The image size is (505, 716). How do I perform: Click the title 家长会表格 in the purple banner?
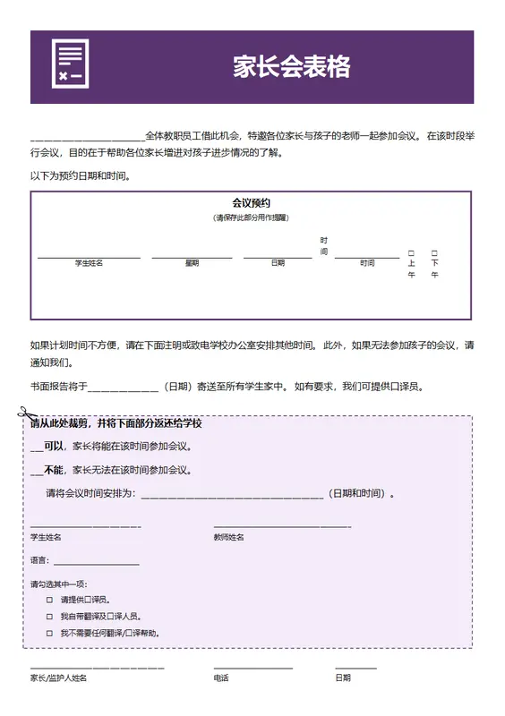point(291,67)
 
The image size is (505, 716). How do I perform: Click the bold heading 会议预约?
point(251,203)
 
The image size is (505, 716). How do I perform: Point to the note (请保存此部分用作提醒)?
point(251,217)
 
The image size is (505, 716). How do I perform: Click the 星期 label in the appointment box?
point(192,263)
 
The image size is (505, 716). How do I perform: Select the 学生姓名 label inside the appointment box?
point(89,263)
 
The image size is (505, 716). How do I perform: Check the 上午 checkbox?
point(411,253)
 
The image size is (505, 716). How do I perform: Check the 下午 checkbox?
point(434,253)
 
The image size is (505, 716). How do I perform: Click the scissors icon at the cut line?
point(23,413)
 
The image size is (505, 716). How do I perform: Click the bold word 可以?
point(54,446)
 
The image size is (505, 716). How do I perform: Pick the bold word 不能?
point(54,469)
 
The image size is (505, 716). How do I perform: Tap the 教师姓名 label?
point(228,537)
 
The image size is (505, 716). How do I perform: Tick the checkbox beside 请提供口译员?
point(50,600)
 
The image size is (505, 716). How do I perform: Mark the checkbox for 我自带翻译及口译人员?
point(50,617)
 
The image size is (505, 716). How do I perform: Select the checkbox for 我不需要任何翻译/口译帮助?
point(50,633)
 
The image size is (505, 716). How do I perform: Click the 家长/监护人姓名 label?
point(58,678)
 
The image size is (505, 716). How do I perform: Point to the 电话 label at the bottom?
point(221,678)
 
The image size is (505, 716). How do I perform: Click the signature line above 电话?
point(252,668)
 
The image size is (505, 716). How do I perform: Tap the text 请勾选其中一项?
point(58,584)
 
